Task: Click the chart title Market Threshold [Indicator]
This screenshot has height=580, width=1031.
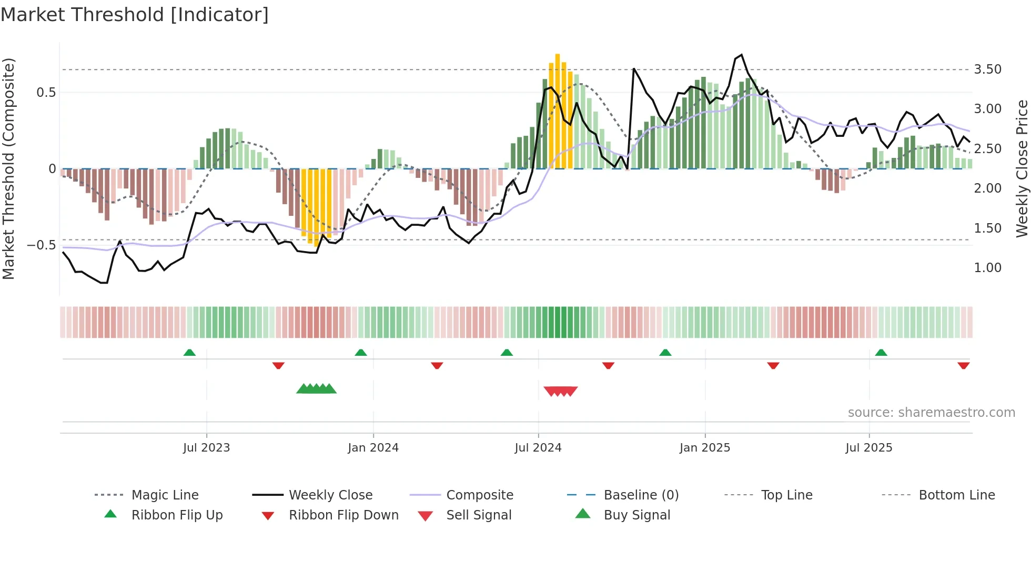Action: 135,15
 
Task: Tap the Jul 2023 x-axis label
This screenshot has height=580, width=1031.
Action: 206,448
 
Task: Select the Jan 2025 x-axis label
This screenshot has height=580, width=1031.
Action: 704,448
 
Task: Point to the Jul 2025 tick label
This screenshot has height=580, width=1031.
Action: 868,448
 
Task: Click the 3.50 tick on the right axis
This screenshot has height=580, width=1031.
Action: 987,69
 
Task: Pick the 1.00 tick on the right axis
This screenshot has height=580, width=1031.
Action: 987,268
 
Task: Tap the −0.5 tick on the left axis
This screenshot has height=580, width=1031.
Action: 42,245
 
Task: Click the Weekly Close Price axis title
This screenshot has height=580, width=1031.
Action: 1021,168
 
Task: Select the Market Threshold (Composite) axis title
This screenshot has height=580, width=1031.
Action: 9,168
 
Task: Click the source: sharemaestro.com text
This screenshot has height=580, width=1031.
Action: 931,413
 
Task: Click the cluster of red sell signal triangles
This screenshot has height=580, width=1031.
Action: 561,391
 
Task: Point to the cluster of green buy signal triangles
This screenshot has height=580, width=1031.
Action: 316,389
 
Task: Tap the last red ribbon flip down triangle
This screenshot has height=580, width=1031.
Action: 963,365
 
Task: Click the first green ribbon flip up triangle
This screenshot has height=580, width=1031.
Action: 189,353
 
